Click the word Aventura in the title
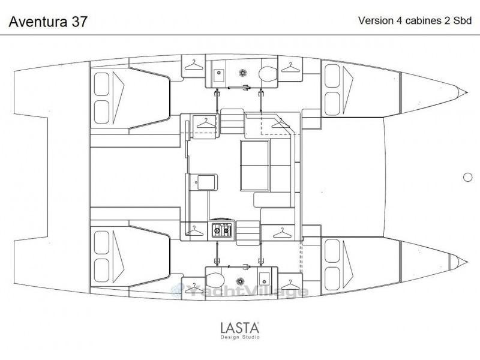tap(38, 22)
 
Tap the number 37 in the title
tap(80, 22)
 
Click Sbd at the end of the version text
tap(462, 20)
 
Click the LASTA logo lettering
tap(240, 328)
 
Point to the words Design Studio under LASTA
tap(240, 337)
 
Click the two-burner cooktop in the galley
tap(222, 230)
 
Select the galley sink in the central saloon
tap(206, 182)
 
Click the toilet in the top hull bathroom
tap(267, 74)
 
